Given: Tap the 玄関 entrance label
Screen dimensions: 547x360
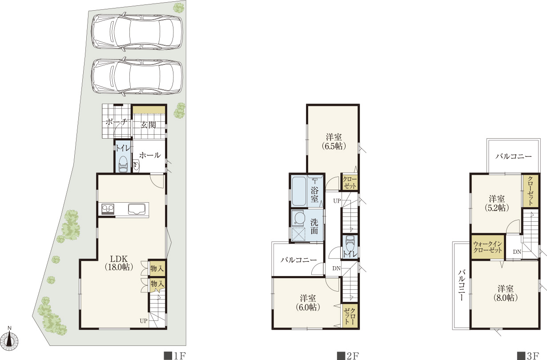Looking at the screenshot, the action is pyautogui.click(x=148, y=125).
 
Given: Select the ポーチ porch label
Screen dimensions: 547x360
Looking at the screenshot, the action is pyautogui.click(x=117, y=121).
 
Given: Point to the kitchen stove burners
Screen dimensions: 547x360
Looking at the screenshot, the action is pyautogui.click(x=108, y=209).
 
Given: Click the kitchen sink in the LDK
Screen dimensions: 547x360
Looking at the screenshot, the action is pyautogui.click(x=138, y=209).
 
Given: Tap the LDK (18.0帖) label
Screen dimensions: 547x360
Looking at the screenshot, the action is pyautogui.click(x=119, y=263).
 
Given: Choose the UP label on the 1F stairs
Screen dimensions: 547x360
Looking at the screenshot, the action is pyautogui.click(x=144, y=321).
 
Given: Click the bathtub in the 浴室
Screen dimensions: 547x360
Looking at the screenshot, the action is pyautogui.click(x=299, y=192).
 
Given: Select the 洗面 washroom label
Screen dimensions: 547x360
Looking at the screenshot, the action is pyautogui.click(x=314, y=226).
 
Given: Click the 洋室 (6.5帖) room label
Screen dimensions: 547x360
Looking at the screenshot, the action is pyautogui.click(x=334, y=141).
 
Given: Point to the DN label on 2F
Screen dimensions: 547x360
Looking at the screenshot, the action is pyautogui.click(x=336, y=268).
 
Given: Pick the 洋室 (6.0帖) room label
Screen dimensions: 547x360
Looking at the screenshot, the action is pyautogui.click(x=308, y=303).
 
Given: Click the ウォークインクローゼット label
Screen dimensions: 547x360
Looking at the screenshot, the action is pyautogui.click(x=488, y=247).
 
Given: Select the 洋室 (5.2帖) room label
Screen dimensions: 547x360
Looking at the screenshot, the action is pyautogui.click(x=497, y=203).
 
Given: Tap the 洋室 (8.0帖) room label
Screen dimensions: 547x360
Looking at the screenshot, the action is pyautogui.click(x=505, y=293).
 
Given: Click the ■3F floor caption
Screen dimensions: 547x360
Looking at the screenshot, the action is pyautogui.click(x=528, y=356).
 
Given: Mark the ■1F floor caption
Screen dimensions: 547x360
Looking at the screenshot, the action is pyautogui.click(x=175, y=356).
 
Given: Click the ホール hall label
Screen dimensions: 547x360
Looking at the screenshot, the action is pyautogui.click(x=150, y=155).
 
